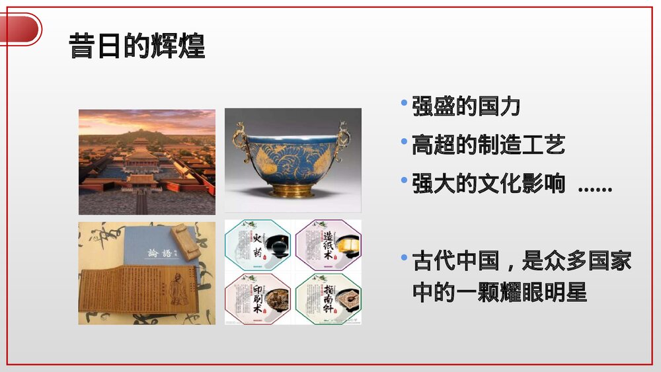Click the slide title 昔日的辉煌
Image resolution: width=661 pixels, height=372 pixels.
tap(137, 47)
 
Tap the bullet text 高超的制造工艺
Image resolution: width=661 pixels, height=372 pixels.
tap(488, 145)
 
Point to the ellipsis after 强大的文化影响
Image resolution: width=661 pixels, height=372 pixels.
tap(595, 188)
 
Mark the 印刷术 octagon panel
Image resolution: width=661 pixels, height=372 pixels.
tap(258, 298)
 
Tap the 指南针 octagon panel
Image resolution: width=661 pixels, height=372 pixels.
tap(328, 298)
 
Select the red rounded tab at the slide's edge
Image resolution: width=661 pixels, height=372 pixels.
tap(20, 29)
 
